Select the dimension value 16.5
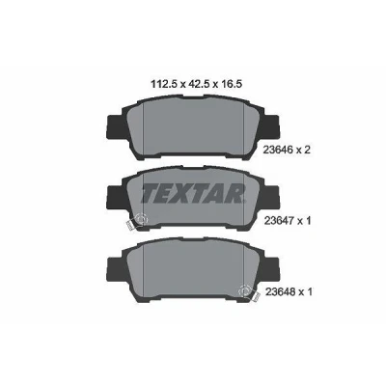234,84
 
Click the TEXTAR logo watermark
191,194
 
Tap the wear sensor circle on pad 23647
141,220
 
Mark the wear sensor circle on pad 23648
245,291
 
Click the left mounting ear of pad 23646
115,127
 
